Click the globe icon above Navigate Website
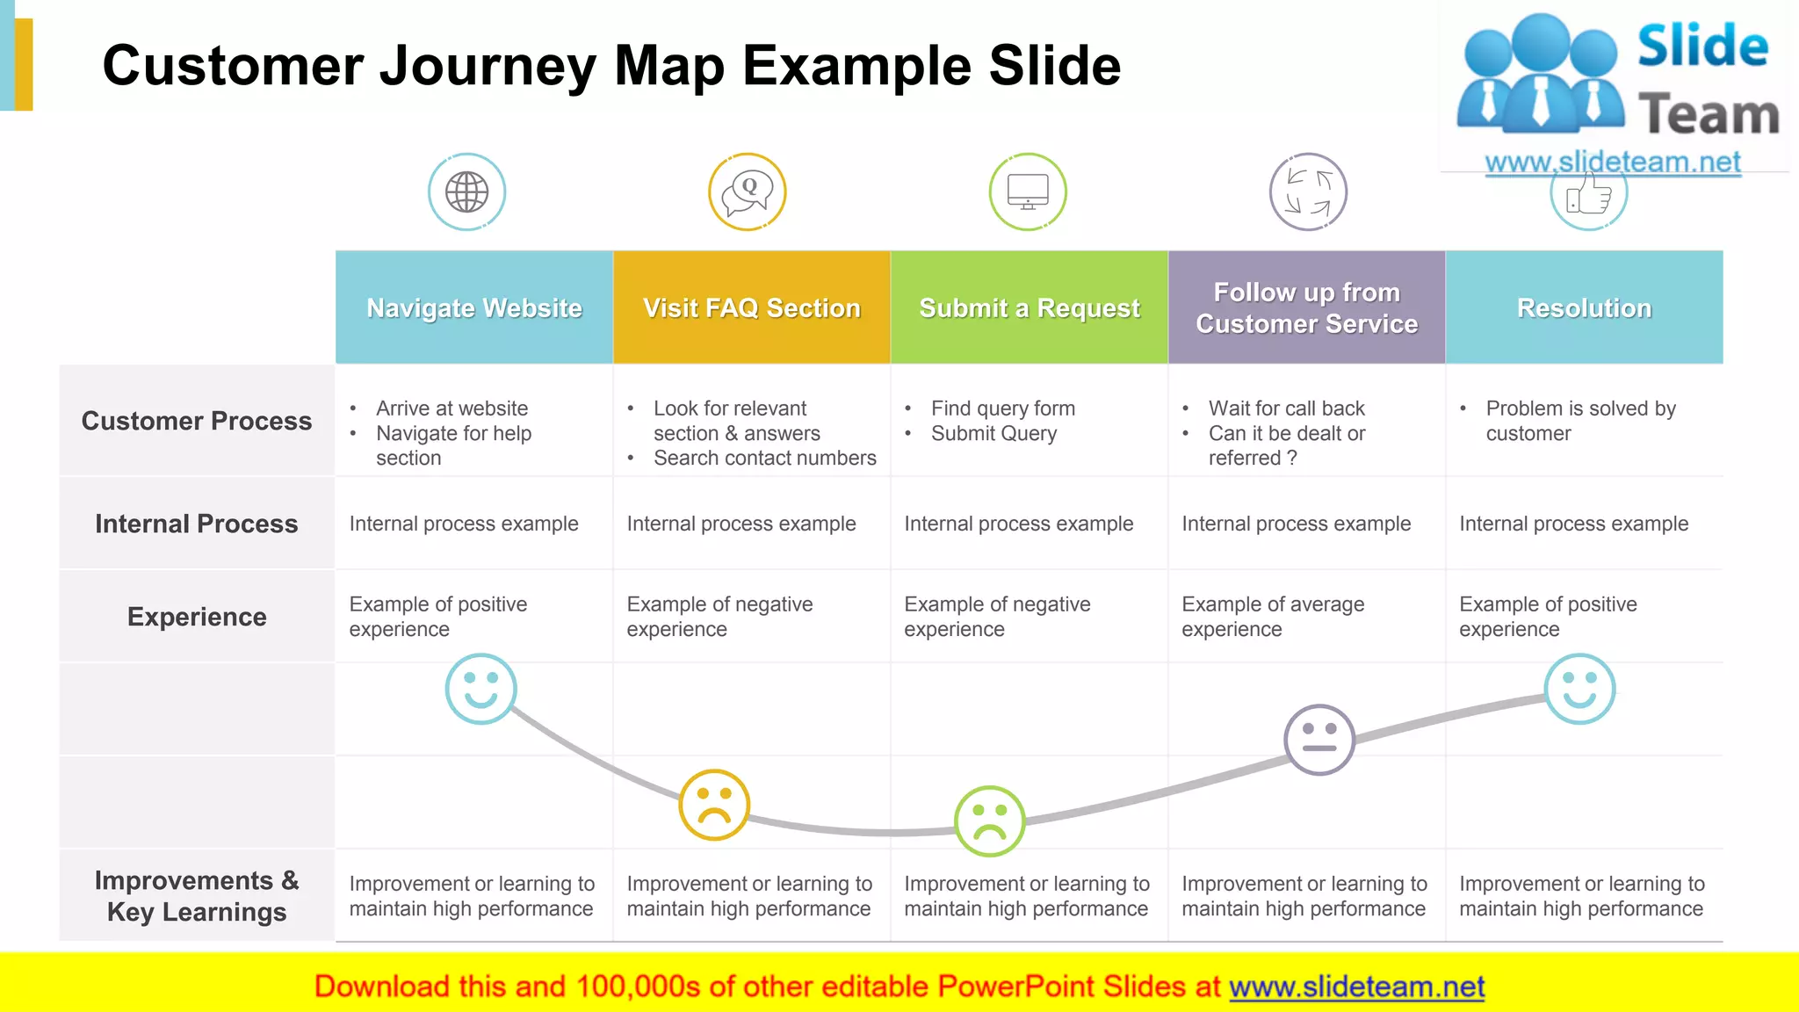(x=466, y=192)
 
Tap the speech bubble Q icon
(x=747, y=192)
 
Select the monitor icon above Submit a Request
(x=1028, y=192)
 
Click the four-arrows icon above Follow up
(x=1308, y=192)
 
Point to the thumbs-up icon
(x=1588, y=195)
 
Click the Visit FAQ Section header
(x=752, y=307)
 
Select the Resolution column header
(x=1584, y=307)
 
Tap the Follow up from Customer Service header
(x=1306, y=307)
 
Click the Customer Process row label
(x=197, y=421)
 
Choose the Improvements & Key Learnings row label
(x=197, y=896)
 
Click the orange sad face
(x=714, y=805)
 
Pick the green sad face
(x=990, y=820)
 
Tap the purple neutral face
(x=1319, y=739)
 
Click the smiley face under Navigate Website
(x=480, y=689)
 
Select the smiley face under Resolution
(x=1579, y=689)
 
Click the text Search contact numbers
(x=764, y=458)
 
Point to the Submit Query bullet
(x=993, y=433)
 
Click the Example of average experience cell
(x=1273, y=616)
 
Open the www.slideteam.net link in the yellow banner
(x=1356, y=987)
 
